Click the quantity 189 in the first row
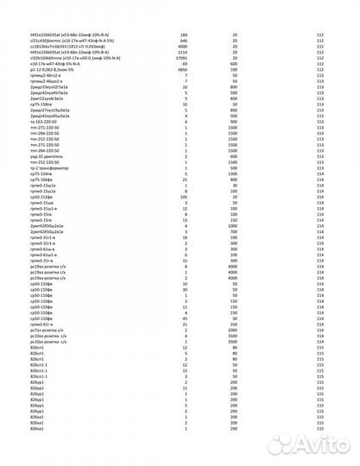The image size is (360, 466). [183, 34]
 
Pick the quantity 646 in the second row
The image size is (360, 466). [183, 40]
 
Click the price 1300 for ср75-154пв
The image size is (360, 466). [234, 172]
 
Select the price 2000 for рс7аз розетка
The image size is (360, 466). [234, 330]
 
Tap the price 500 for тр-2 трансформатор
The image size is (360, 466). [234, 167]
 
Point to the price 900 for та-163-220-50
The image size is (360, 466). [234, 122]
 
